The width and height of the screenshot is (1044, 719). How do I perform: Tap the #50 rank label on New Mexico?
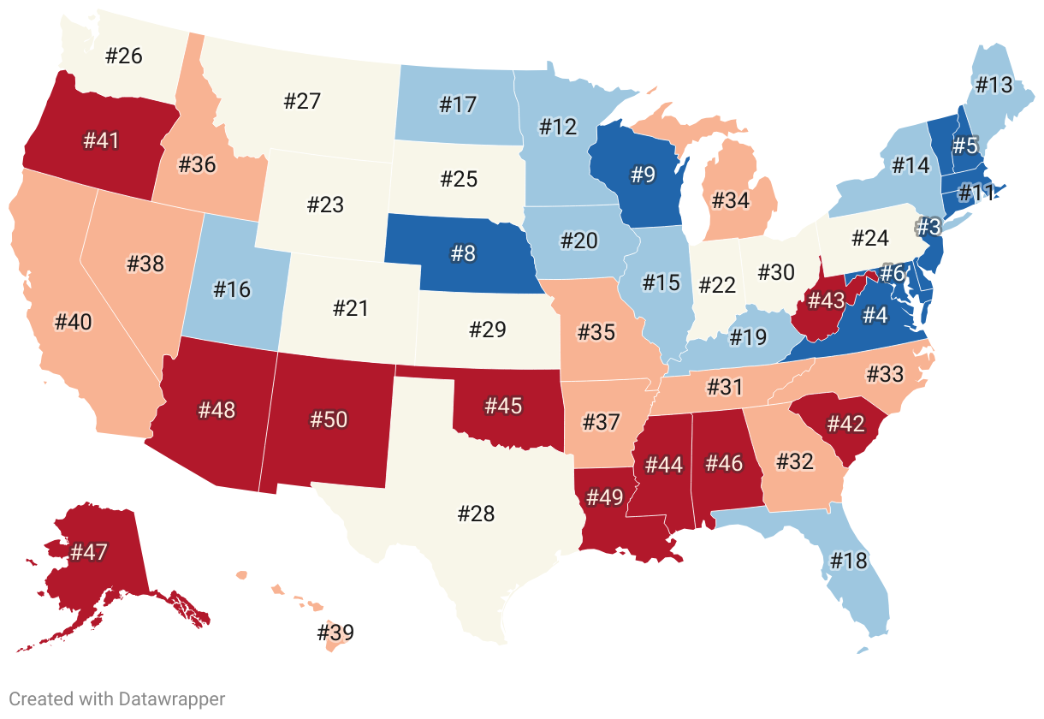click(x=329, y=419)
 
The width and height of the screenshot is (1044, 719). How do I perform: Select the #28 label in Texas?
click(x=476, y=514)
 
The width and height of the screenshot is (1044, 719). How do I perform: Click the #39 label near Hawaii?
click(x=335, y=633)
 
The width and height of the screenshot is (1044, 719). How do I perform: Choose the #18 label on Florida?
click(x=848, y=561)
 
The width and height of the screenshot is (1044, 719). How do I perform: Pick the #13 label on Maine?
click(x=994, y=85)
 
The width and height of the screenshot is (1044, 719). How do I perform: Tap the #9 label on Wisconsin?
click(x=643, y=175)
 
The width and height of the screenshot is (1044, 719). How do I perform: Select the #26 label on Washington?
click(x=124, y=56)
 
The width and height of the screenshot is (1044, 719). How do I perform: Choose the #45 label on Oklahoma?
click(x=502, y=405)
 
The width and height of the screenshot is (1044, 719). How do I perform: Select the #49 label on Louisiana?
click(x=607, y=499)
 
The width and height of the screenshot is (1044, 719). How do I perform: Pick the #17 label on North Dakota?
click(x=458, y=104)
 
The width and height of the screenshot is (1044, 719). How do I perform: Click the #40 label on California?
click(x=73, y=322)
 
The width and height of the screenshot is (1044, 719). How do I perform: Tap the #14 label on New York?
click(x=911, y=165)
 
